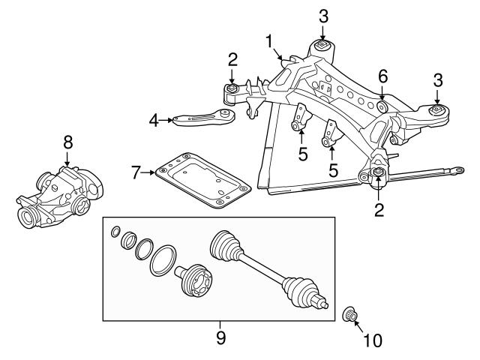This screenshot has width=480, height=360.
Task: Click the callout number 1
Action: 269,42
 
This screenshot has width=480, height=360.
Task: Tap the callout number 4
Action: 154,118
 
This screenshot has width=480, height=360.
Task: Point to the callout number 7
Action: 136,172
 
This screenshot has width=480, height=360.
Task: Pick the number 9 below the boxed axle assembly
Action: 220,337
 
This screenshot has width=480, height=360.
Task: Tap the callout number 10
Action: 373,341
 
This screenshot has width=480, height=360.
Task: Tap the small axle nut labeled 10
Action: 349,313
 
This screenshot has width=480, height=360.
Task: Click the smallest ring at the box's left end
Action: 114,231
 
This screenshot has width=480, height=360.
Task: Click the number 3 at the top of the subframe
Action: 323,15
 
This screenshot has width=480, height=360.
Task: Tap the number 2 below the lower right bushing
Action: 379,211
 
